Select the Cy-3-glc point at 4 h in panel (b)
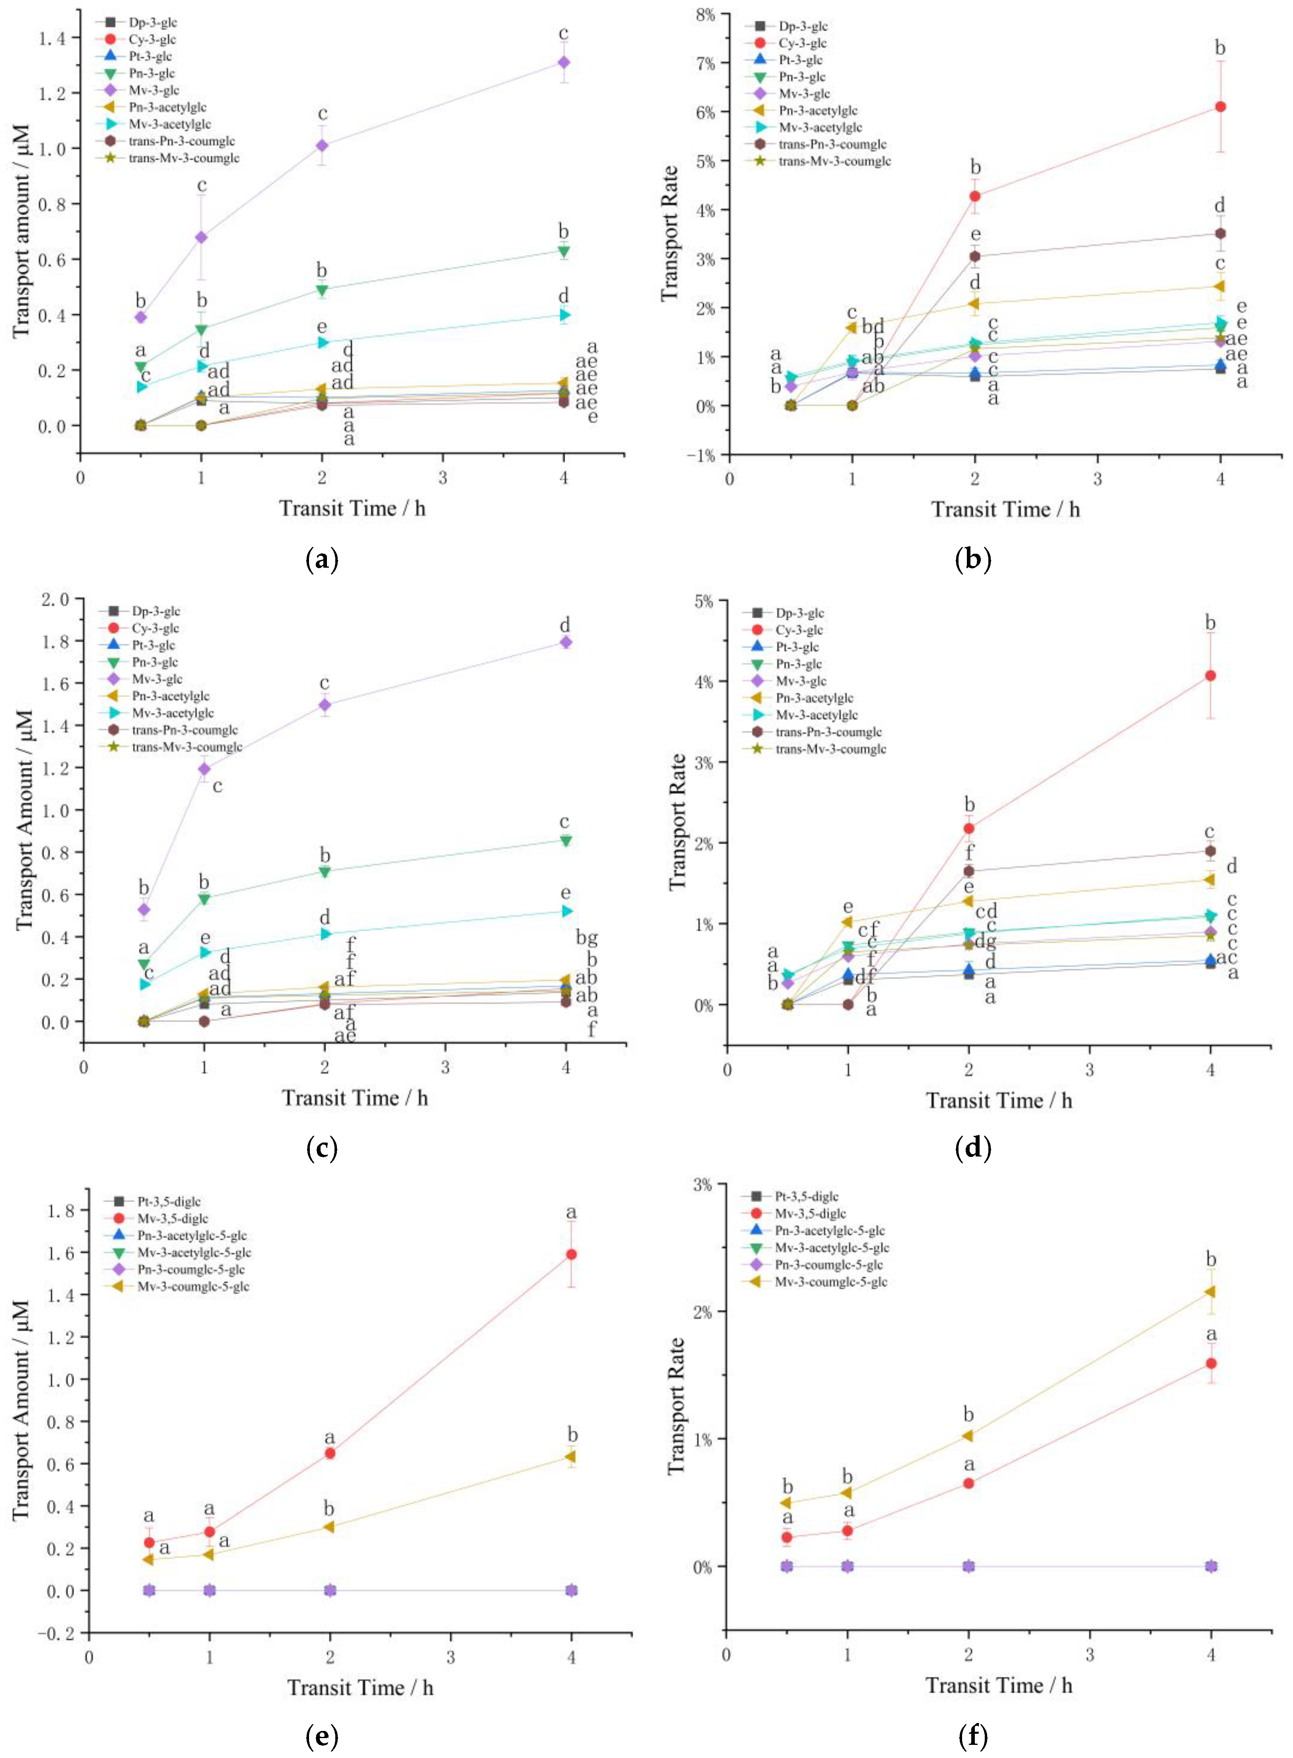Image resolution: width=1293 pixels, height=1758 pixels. pyautogui.click(x=1219, y=107)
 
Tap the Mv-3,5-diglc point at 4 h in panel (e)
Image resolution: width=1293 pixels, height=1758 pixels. pyautogui.click(x=572, y=1254)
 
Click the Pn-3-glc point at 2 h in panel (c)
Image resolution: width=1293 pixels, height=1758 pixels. pyautogui.click(x=325, y=871)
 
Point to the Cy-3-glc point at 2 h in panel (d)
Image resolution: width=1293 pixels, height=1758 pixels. pyautogui.click(x=969, y=828)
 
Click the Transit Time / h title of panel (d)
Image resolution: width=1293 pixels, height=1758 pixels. pyautogui.click(x=999, y=1100)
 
